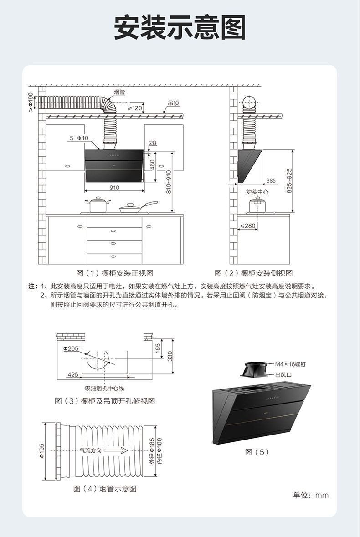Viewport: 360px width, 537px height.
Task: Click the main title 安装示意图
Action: (180, 28)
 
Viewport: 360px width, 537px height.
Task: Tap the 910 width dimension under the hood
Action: (114, 188)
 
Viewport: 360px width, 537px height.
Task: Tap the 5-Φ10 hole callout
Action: (79, 138)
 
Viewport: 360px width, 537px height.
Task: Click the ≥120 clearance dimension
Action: (135, 108)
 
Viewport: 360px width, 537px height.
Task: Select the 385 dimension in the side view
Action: (271, 181)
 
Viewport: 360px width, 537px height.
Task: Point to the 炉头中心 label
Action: (257, 192)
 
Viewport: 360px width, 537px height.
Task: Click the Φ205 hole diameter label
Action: (71, 348)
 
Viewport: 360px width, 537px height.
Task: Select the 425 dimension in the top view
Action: (72, 374)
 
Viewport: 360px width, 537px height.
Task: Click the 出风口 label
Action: (283, 375)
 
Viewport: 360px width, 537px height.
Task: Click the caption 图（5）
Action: (257, 452)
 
